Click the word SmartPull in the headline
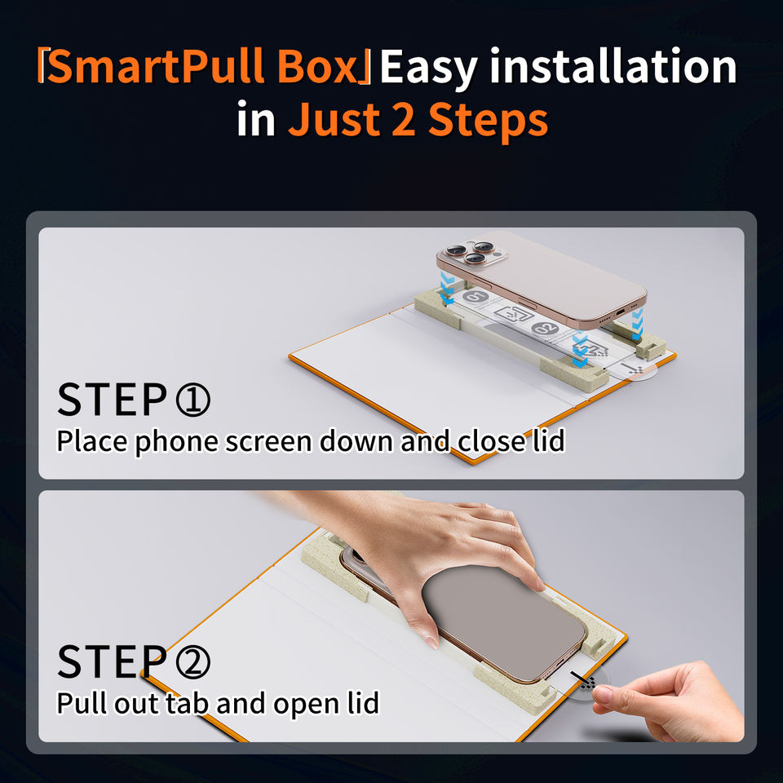156,66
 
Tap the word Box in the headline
318,66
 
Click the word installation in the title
613,66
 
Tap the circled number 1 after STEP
193,400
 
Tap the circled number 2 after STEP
193,661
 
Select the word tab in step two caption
187,703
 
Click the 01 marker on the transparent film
476,297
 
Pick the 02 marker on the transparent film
544,329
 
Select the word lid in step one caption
549,441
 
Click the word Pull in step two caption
82,703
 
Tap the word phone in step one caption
177,442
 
